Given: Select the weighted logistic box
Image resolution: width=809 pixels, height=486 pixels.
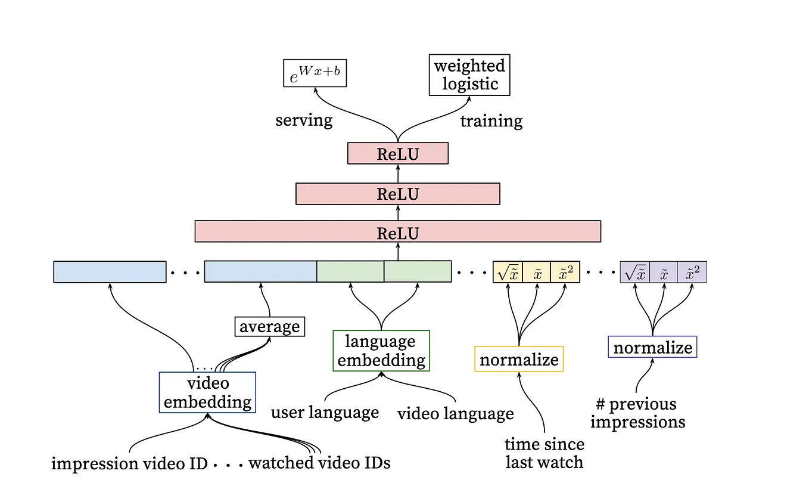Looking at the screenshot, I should pos(469,75).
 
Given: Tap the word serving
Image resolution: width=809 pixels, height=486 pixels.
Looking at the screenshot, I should pos(304,120).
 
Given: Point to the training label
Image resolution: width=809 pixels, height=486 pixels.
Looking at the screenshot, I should pos(491,121).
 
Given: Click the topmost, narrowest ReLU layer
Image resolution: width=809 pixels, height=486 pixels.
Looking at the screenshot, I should pos(397,154).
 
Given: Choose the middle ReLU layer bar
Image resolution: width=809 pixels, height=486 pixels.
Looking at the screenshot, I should pos(397,194).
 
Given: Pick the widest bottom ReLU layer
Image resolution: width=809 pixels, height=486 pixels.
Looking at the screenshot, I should pos(397,231).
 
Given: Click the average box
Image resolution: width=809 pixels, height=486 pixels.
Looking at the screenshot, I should pos(269,327).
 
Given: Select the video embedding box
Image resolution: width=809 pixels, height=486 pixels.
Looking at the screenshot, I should pos(207,392).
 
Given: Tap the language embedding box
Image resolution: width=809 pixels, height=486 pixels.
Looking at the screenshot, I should pos(381,351).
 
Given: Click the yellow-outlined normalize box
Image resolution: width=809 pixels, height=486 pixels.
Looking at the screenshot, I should pos(519,360).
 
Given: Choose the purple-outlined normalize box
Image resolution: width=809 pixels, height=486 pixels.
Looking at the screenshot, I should pos(652,347).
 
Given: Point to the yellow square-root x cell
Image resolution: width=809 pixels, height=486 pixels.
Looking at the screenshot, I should pos(508,272).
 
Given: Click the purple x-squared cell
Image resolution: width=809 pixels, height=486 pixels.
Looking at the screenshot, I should pos(692,272).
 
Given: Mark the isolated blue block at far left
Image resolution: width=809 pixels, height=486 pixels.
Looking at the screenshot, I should pos(110,272).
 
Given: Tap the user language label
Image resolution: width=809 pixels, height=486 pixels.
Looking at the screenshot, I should pos(325,413).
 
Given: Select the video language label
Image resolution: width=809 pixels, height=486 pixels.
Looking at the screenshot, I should pos(455,413).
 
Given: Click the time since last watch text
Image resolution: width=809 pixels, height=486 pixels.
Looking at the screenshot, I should pos(544,453).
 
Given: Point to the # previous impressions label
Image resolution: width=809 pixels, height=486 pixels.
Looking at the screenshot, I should pos(637,413).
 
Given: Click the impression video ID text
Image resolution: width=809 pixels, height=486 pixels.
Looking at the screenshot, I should pos(129,463).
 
